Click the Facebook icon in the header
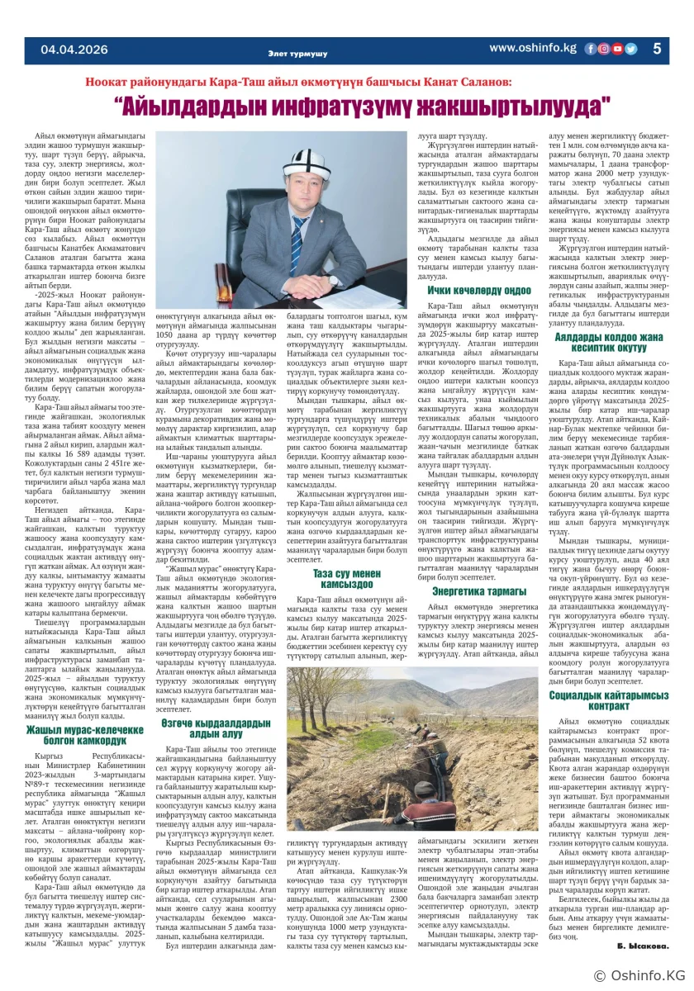click(591, 49)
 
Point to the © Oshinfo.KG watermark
click(637, 975)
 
